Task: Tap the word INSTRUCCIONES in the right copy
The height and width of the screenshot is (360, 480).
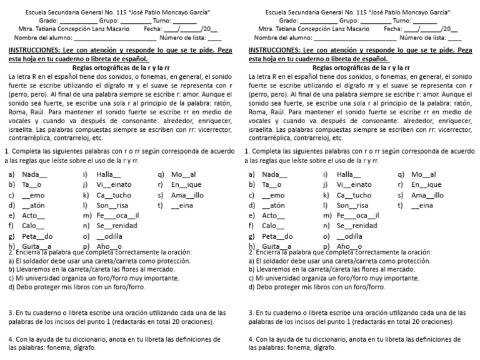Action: pos(279,49)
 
